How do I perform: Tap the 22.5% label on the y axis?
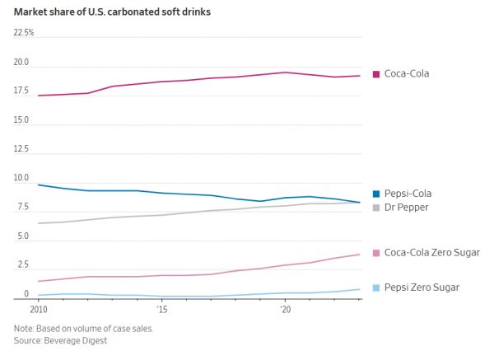click(x=24, y=32)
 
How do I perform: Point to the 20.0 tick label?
click(x=21, y=63)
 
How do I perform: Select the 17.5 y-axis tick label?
click(x=21, y=91)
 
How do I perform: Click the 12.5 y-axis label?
click(x=21, y=149)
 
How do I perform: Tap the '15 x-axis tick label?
click(x=162, y=310)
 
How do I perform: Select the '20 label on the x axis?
click(x=286, y=310)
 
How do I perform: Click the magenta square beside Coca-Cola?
click(x=376, y=73)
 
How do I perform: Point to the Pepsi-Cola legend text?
click(x=408, y=193)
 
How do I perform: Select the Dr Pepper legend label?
click(x=406, y=207)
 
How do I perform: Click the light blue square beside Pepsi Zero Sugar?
click(x=376, y=287)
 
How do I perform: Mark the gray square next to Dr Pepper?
click(x=376, y=207)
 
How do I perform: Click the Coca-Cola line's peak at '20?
click(x=286, y=72)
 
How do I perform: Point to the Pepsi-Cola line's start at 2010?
click(x=39, y=185)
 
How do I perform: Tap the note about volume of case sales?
click(x=83, y=328)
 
